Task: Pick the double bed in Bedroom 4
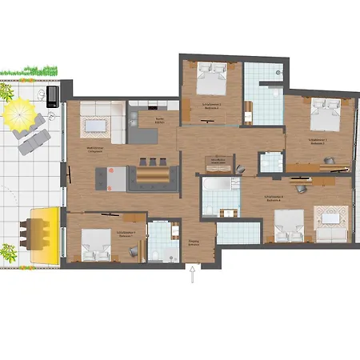288,225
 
